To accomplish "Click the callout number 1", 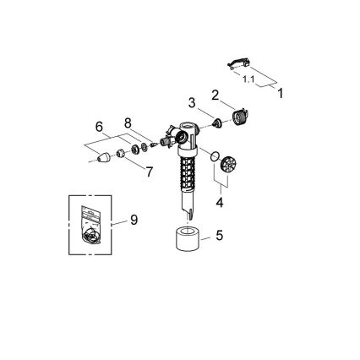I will [x=281, y=93].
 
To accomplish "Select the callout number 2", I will [x=215, y=95].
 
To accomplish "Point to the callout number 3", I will [x=192, y=103].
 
